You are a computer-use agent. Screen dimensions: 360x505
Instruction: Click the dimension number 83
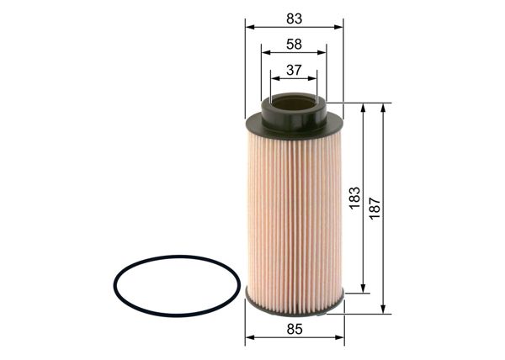[x=294, y=18]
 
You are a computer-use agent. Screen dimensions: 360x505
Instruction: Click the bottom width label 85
[x=294, y=331]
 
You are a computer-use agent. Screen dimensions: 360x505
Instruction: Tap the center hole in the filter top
[x=294, y=103]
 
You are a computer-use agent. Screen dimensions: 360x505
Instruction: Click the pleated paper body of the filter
[x=294, y=210]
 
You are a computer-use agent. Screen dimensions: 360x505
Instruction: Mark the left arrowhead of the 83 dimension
[x=249, y=26]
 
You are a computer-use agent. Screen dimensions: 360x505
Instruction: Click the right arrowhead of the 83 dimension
[x=339, y=26]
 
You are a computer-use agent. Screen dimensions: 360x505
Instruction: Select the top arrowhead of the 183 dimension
[x=363, y=108]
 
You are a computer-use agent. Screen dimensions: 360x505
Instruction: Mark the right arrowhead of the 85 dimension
[x=340, y=339]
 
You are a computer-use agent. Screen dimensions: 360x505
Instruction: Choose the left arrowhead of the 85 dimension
[x=249, y=339]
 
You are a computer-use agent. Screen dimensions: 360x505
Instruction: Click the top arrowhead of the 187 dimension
[x=383, y=108]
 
